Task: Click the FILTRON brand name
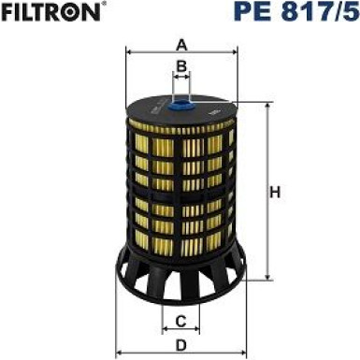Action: click(x=49, y=13)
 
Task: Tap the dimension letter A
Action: click(x=181, y=42)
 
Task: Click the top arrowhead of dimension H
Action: click(x=267, y=108)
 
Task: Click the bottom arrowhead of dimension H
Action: click(x=267, y=278)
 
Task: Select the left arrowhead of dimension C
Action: click(x=165, y=332)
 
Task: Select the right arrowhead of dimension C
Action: click(x=199, y=332)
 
